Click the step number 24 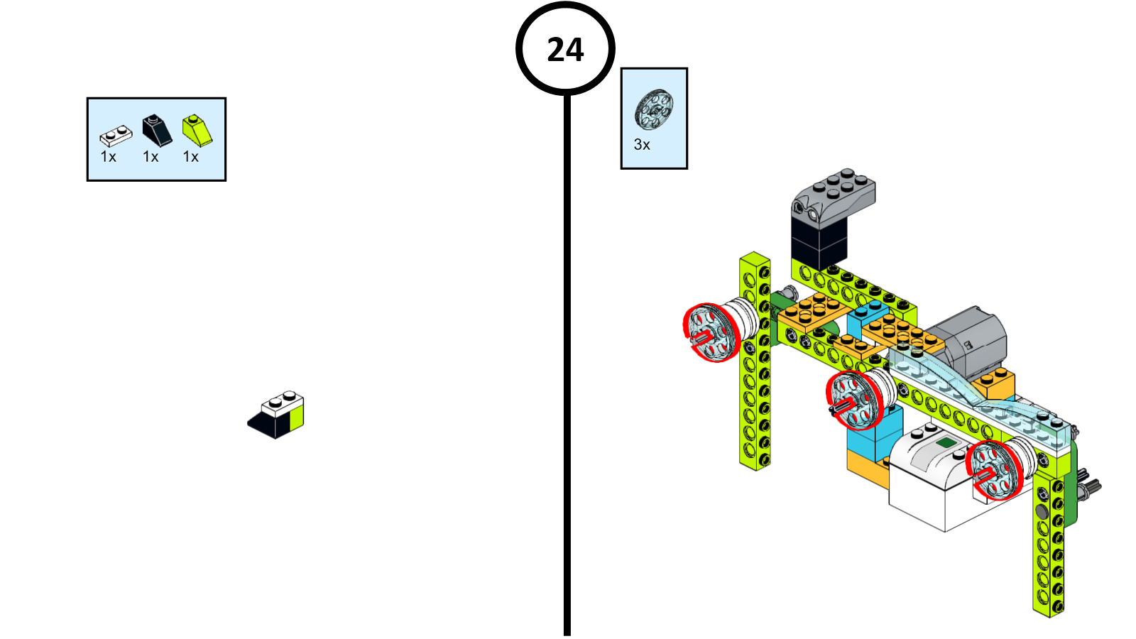(x=565, y=50)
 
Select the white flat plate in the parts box (x=116, y=134)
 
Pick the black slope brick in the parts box (x=156, y=130)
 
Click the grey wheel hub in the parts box (x=653, y=109)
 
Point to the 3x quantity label (x=641, y=145)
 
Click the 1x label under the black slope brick (x=151, y=157)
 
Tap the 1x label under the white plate (x=108, y=157)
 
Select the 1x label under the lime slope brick (x=191, y=157)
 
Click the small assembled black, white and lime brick (x=278, y=415)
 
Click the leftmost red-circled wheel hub (x=711, y=332)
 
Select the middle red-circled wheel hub (x=854, y=400)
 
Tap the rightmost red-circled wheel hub (x=994, y=469)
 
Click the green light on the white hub (x=946, y=443)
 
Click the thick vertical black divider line (x=567, y=369)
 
